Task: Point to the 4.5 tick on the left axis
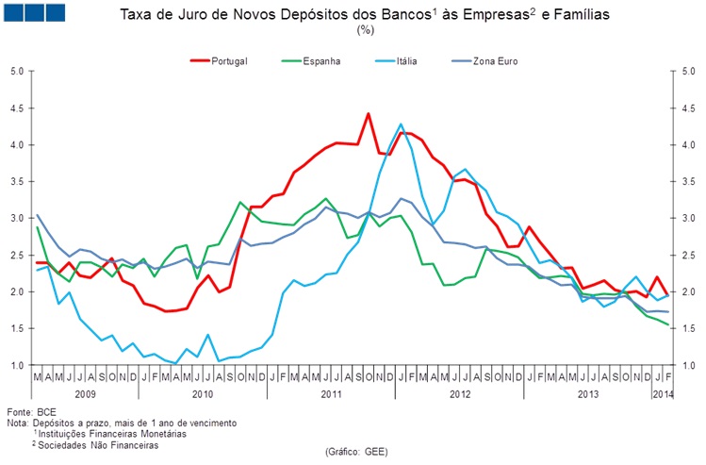coord(17,108)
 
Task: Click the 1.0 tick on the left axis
coord(17,365)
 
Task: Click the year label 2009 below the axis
coord(86,391)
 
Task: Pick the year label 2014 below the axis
coord(664,391)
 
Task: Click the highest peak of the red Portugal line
coord(368,114)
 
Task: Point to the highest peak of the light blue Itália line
coord(401,125)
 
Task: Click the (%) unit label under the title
coord(365,30)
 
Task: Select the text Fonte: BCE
coord(32,413)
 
